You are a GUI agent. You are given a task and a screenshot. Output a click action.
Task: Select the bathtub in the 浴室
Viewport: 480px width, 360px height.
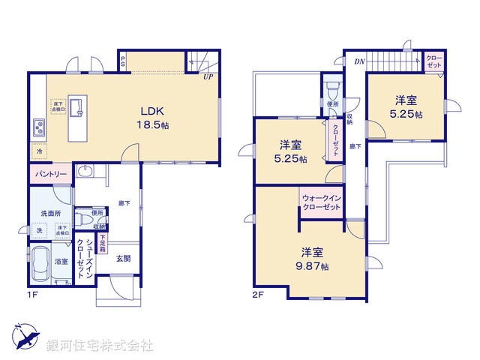(42, 265)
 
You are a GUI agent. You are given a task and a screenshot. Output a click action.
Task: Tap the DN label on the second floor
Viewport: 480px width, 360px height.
(359, 61)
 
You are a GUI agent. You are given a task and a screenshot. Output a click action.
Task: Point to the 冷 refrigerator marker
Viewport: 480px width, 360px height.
(39, 151)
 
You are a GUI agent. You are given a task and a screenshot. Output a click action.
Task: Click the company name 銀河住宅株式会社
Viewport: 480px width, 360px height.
(100, 346)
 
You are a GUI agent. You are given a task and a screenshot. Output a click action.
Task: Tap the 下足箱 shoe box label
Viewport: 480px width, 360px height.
(103, 242)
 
